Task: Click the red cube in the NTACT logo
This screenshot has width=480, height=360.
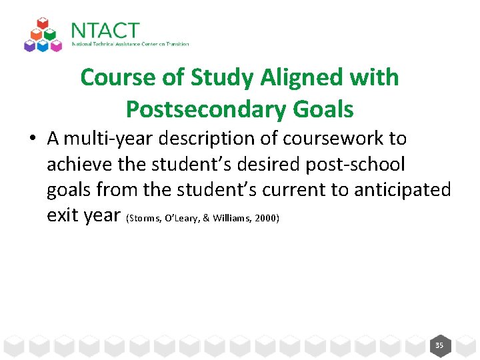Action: (x=42, y=25)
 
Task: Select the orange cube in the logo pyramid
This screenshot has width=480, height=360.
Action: (x=36, y=35)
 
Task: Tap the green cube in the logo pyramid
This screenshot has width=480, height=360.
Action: (x=49, y=35)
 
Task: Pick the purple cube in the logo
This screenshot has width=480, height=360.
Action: (x=29, y=45)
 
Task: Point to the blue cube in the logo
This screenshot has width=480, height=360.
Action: (x=42, y=45)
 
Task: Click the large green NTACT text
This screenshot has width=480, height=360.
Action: (x=105, y=31)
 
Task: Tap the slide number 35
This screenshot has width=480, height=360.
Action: (x=439, y=345)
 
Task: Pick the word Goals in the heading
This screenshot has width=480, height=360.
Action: (x=327, y=108)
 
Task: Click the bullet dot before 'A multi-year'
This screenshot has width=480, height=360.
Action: (x=32, y=139)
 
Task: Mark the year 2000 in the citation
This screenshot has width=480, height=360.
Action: (x=265, y=218)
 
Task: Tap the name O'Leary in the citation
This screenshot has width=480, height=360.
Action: (x=173, y=218)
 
